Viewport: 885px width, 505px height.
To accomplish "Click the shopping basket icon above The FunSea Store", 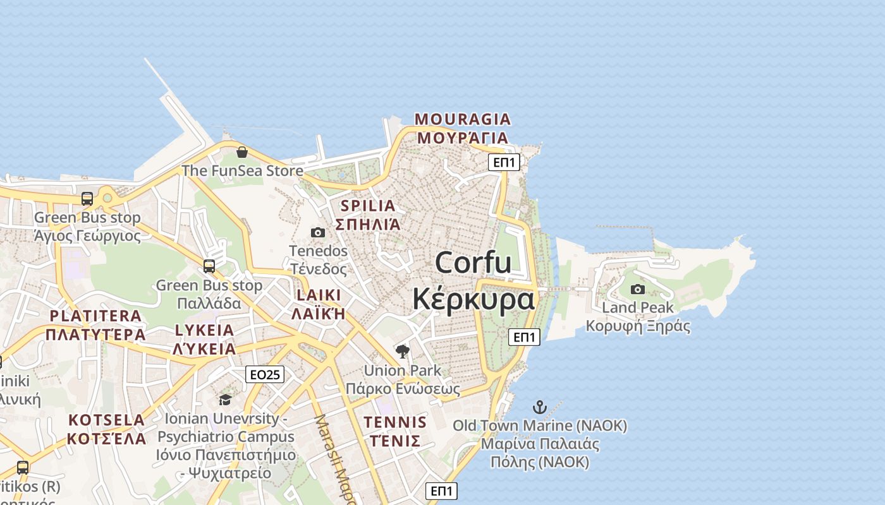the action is (x=241, y=152).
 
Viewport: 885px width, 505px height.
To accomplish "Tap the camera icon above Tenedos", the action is (x=318, y=232).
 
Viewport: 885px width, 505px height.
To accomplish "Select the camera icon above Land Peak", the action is (x=638, y=289).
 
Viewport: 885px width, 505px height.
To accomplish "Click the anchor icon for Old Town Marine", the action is (x=539, y=407).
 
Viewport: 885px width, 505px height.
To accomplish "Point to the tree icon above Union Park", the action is (x=402, y=352).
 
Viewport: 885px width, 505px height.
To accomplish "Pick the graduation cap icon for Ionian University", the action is (x=225, y=400).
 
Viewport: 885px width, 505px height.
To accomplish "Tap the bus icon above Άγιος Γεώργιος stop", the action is (x=87, y=199).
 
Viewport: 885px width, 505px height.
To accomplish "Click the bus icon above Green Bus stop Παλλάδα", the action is (x=209, y=266).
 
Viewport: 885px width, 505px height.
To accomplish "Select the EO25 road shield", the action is (x=265, y=374).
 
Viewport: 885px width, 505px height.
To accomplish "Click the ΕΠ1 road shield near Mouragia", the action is (x=504, y=162).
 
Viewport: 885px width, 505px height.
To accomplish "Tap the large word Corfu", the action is (x=473, y=262).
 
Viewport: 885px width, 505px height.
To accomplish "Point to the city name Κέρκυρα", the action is (x=473, y=299).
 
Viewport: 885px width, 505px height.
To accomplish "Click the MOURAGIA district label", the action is (x=463, y=119).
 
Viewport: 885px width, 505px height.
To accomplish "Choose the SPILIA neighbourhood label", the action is (x=368, y=205).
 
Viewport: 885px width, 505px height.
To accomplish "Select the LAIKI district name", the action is (x=319, y=295).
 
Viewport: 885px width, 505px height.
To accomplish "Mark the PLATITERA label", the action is (x=95, y=316).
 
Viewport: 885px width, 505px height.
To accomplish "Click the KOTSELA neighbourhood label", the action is (x=107, y=420).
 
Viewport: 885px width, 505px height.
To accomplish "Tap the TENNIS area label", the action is (x=396, y=422).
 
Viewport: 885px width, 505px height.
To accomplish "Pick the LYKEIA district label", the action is (x=204, y=330).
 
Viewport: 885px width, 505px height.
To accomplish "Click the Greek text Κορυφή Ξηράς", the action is (x=638, y=326).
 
